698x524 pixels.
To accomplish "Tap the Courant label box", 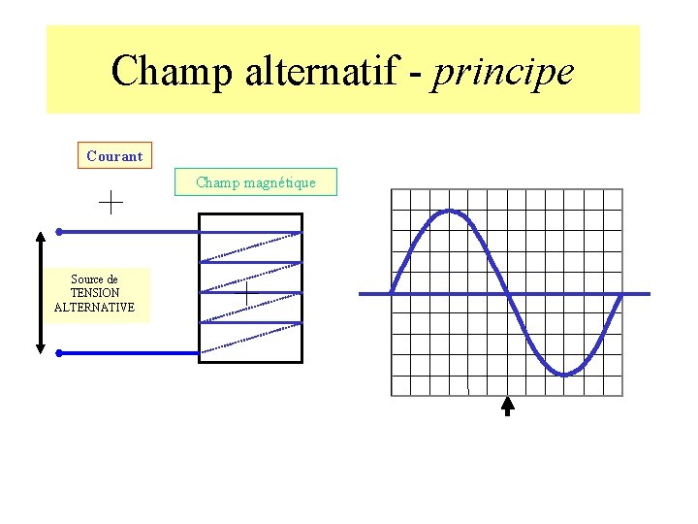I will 114,155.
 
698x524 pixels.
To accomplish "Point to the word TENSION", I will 95,293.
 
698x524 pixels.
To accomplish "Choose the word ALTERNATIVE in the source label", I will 95,308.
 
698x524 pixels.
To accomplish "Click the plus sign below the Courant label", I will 111,202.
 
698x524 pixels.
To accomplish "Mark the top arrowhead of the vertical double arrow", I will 41,237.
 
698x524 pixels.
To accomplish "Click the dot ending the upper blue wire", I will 59,232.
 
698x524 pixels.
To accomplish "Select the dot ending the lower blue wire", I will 59,353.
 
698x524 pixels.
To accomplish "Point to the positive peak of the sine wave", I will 449,211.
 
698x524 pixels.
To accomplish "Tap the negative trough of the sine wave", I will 564,374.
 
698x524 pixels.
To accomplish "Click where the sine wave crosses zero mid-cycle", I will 507,293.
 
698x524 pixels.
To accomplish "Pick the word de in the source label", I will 111,279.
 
